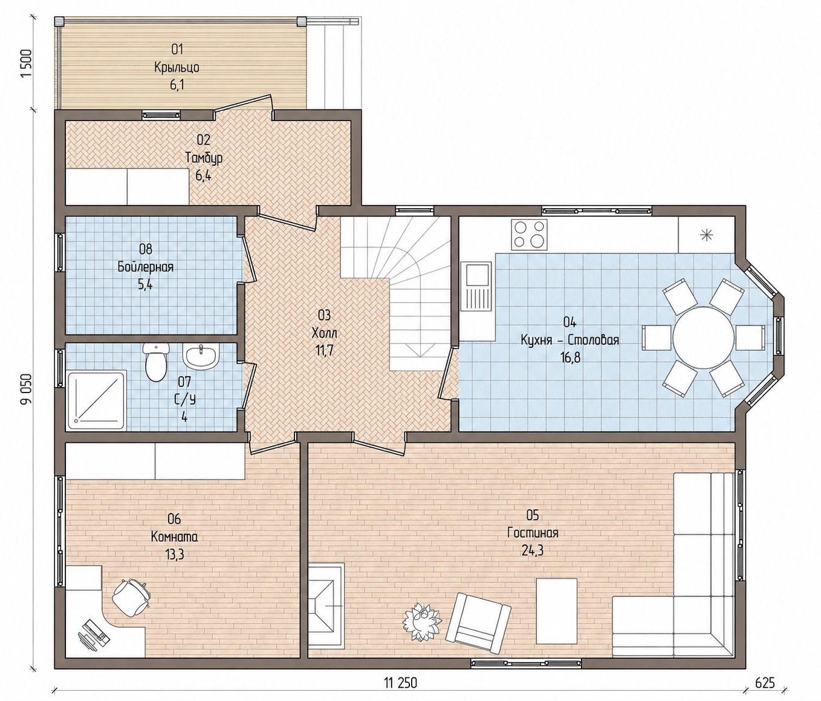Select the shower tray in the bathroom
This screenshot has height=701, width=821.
coord(98,400)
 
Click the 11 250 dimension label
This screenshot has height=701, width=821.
coord(400,683)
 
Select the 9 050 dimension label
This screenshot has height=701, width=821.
coord(26,389)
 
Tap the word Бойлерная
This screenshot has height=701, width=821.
coord(145,267)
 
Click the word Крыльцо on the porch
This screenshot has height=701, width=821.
coord(177,68)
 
